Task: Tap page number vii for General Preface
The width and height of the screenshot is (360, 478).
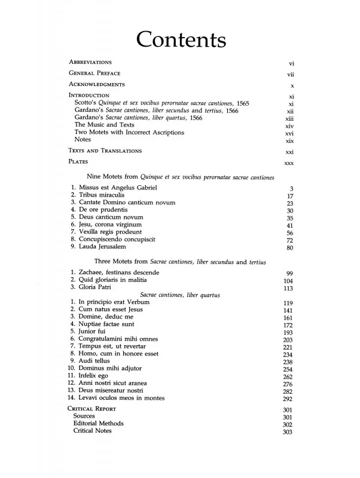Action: (291, 75)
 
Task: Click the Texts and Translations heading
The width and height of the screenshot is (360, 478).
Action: (105, 151)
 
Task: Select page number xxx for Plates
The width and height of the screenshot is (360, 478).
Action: (289, 163)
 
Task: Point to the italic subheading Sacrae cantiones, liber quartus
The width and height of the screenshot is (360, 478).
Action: (180, 295)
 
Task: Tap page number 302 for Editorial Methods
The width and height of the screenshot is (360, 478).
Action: (288, 424)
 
